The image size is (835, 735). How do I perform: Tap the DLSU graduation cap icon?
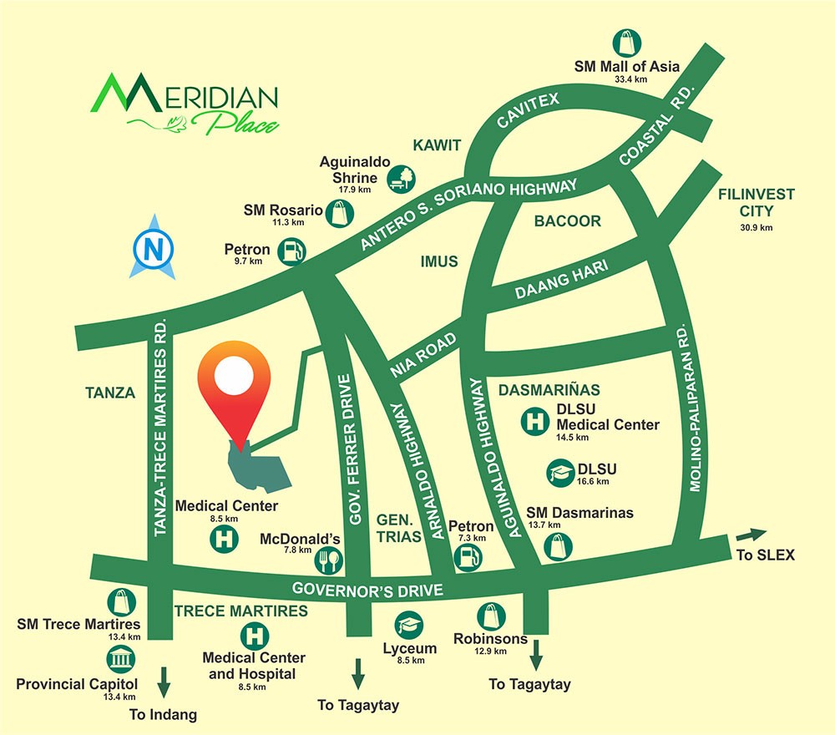tap(558, 474)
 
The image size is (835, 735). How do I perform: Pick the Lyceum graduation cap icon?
tap(409, 626)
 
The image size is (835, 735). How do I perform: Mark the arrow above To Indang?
tap(164, 681)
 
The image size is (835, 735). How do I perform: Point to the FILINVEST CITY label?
tap(757, 201)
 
